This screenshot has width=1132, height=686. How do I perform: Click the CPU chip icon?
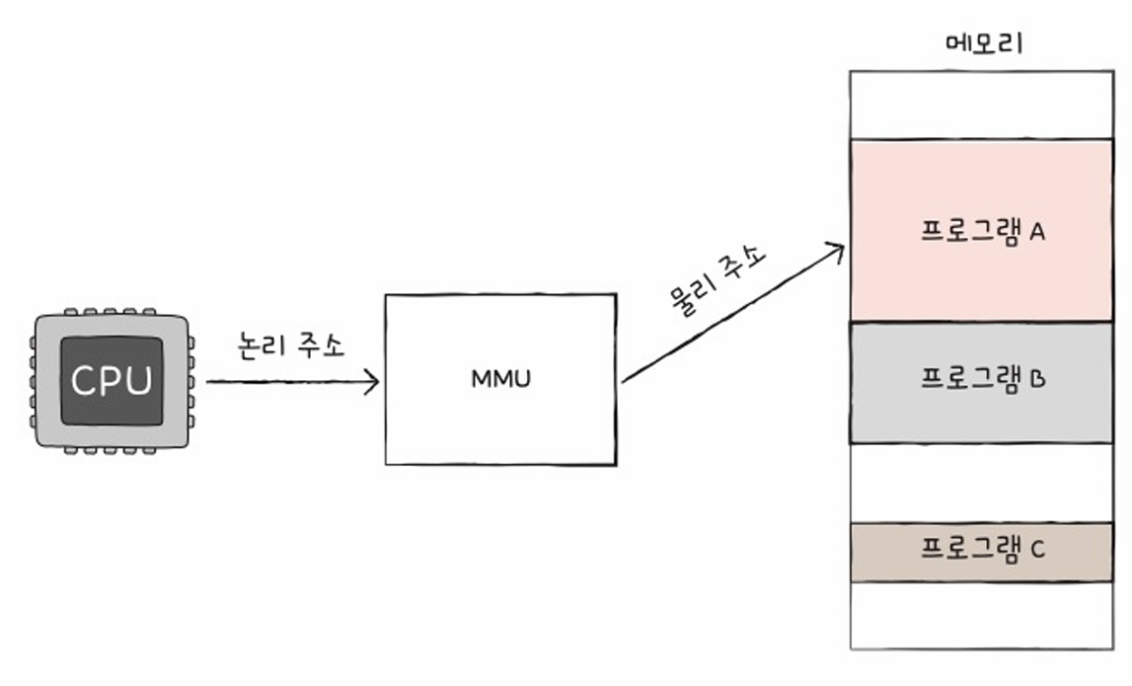click(112, 381)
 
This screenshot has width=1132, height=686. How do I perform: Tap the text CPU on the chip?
click(112, 381)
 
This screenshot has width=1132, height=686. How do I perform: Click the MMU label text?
click(499, 379)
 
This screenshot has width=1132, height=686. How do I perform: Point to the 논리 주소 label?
click(292, 345)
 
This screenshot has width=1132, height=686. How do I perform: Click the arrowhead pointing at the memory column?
click(836, 251)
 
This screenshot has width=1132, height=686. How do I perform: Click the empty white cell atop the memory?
click(981, 105)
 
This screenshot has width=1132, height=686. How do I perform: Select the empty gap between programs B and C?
click(981, 484)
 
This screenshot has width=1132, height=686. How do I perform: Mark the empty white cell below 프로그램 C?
click(981, 615)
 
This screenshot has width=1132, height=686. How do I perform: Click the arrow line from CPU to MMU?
click(286, 382)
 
